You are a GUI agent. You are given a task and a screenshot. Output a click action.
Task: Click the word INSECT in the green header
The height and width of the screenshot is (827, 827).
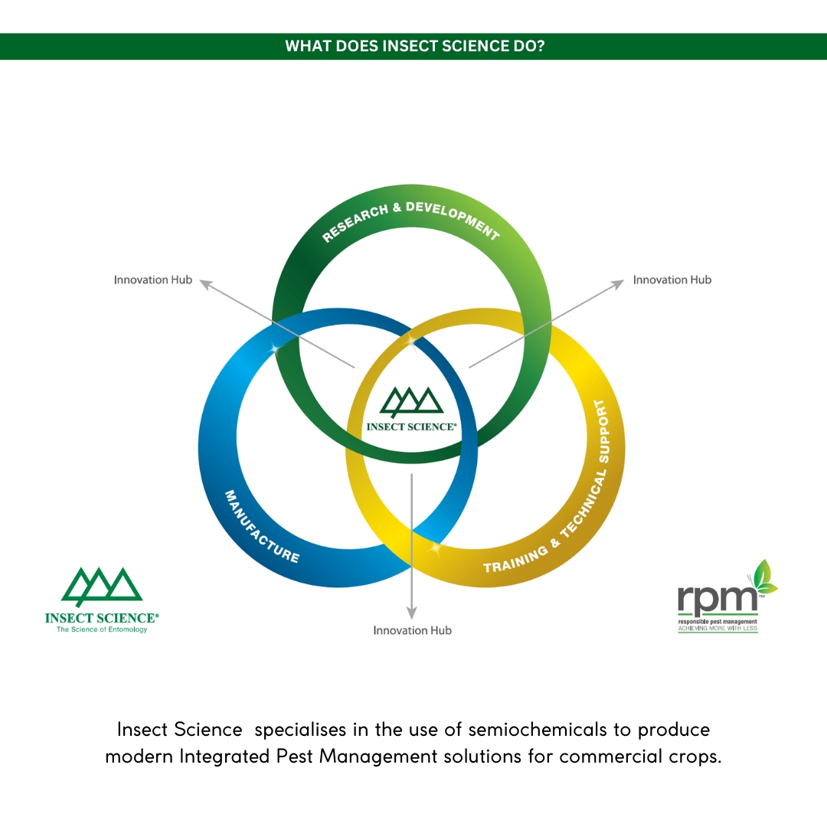(410, 46)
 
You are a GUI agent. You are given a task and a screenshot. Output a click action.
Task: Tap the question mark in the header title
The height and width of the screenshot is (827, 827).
(540, 46)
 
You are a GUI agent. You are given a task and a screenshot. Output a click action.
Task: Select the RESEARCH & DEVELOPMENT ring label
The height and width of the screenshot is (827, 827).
(411, 221)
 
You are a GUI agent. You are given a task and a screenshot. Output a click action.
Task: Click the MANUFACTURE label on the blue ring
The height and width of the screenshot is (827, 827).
(262, 526)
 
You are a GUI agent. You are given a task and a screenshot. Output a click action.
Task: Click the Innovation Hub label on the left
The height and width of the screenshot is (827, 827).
(153, 279)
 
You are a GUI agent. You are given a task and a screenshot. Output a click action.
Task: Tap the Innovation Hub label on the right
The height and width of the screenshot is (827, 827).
(672, 279)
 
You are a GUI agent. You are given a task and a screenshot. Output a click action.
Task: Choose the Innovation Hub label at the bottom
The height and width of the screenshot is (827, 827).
(412, 630)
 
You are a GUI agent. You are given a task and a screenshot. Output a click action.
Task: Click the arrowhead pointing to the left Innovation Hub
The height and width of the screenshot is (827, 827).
(205, 285)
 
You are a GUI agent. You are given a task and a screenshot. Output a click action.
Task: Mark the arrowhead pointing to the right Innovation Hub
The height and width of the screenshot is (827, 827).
(618, 285)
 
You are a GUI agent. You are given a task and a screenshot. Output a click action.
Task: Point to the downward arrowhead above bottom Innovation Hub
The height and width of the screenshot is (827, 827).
(412, 613)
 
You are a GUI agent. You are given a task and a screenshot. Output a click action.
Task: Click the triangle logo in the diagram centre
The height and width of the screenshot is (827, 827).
(411, 402)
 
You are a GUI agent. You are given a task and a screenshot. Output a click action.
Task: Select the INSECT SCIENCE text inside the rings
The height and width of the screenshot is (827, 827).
(411, 427)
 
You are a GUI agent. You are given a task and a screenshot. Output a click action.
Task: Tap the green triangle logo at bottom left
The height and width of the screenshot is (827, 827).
(102, 586)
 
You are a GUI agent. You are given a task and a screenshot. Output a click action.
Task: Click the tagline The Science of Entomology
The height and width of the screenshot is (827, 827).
(102, 629)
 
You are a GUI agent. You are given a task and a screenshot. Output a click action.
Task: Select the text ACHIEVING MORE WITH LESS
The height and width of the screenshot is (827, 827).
(717, 628)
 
